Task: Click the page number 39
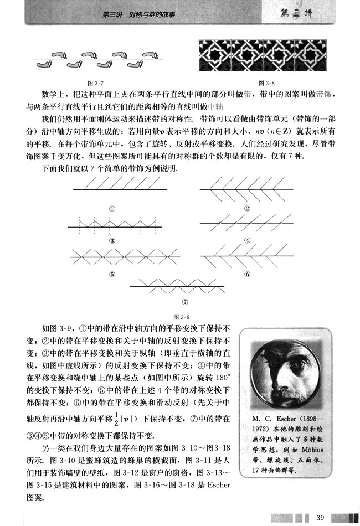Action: (x=320, y=517)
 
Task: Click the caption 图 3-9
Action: (x=181, y=317)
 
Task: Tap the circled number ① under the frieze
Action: (x=112, y=209)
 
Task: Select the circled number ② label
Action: (x=247, y=209)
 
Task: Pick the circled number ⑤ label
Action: (x=112, y=274)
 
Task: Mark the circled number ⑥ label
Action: (x=247, y=274)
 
